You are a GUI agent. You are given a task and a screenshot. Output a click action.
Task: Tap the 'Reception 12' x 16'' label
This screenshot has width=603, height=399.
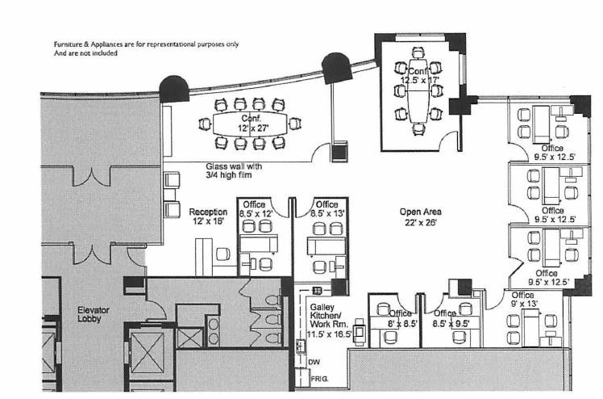tap(208, 216)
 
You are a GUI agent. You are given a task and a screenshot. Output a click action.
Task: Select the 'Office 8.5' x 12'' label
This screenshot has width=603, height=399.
tap(257, 209)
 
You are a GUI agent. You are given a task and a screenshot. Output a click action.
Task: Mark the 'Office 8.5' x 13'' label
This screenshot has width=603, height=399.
tap(326, 209)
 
